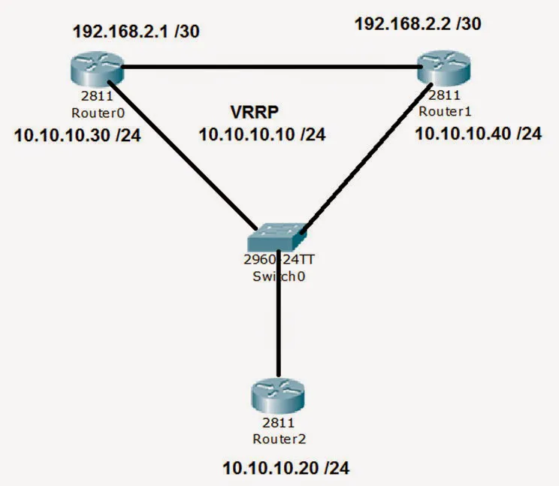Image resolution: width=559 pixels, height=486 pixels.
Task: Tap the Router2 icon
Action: (x=279, y=397)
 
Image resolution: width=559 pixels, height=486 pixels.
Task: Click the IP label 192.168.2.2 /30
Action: (x=418, y=23)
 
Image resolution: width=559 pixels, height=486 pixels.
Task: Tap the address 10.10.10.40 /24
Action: (x=478, y=134)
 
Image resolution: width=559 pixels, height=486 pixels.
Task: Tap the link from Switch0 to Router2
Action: (x=279, y=315)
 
